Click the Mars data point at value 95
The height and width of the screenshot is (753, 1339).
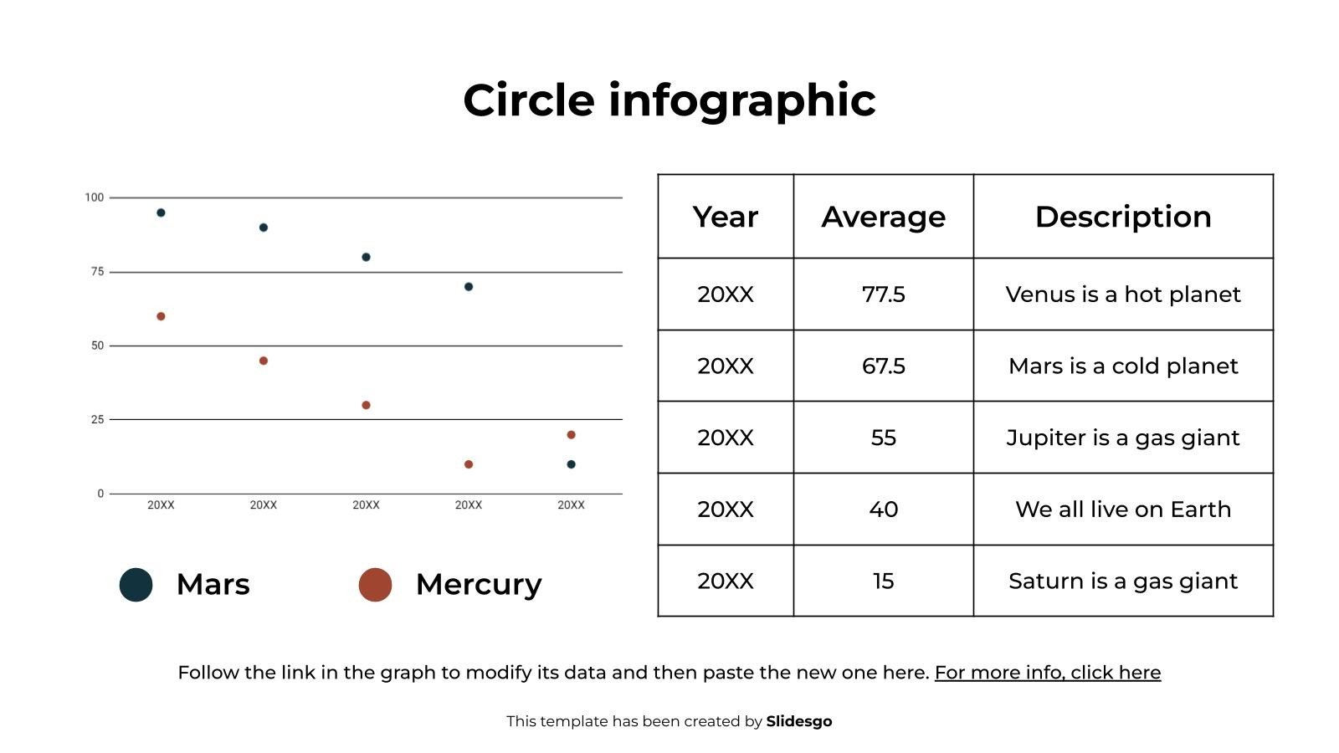click(161, 213)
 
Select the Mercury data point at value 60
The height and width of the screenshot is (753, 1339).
click(161, 316)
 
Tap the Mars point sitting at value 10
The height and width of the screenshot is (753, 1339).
click(571, 464)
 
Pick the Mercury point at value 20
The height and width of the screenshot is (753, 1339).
click(571, 435)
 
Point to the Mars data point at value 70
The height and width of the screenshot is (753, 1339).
click(469, 287)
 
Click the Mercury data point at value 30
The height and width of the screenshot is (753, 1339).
click(366, 405)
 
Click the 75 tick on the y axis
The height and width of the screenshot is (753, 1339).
click(98, 272)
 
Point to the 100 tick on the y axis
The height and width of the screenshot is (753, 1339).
click(95, 197)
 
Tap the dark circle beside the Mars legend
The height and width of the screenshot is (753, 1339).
click(136, 585)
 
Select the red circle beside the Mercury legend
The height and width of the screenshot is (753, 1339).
click(375, 585)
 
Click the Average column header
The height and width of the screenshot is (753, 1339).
click(883, 217)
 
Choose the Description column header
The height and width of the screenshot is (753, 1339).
click(1123, 217)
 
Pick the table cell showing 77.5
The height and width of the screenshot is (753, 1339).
click(883, 295)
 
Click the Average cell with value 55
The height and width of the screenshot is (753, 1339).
click(883, 438)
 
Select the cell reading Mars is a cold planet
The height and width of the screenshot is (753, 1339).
click(1123, 366)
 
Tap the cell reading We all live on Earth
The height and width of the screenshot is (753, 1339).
click(1123, 510)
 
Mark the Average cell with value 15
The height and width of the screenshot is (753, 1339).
click(883, 581)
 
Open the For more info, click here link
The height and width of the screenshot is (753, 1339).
click(1047, 673)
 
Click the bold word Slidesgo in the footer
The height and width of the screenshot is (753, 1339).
click(798, 721)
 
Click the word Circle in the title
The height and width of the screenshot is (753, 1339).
click(529, 100)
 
